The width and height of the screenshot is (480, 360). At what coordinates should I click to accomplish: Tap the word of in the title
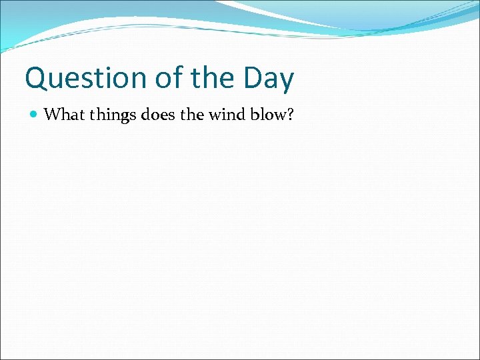pyautogui.click(x=165, y=79)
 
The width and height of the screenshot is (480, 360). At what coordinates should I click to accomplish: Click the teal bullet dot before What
pyautogui.click(x=35, y=115)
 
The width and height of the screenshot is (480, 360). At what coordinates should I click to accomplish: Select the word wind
pyautogui.click(x=227, y=115)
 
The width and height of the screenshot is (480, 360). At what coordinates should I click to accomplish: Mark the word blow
pyautogui.click(x=269, y=115)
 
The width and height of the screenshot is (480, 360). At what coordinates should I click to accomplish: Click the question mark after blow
pyautogui.click(x=290, y=115)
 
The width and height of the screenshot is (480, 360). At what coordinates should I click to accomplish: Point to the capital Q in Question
pyautogui.click(x=36, y=79)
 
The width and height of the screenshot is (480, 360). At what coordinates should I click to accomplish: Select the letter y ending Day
pyautogui.click(x=286, y=82)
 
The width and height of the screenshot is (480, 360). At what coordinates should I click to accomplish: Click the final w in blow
pyautogui.click(x=279, y=116)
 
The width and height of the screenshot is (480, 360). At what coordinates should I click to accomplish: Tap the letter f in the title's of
pyautogui.click(x=173, y=77)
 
